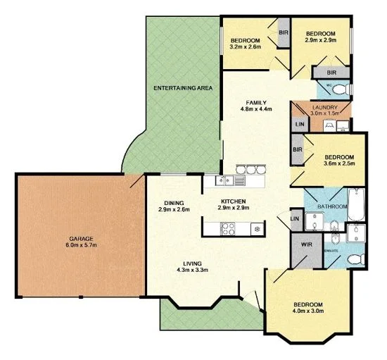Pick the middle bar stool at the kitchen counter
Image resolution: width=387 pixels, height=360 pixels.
point(251,169)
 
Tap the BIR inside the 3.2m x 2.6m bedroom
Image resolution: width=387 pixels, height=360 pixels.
point(284,32)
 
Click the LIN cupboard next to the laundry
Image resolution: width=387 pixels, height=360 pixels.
point(299,124)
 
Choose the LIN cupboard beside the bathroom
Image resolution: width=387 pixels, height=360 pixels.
point(294,220)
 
